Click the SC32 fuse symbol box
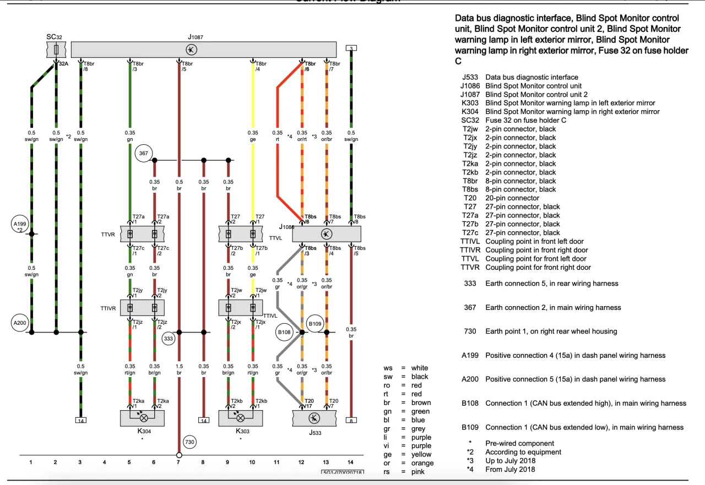57,50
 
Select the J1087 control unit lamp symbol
192,50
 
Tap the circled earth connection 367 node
143,154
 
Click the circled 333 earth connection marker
169,339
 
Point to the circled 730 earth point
189,442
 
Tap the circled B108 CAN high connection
284,332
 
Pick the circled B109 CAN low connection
315,324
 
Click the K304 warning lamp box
142,418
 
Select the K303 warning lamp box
241,418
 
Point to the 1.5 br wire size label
179,369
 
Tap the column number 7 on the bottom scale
178,462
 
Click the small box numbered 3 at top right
351,48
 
